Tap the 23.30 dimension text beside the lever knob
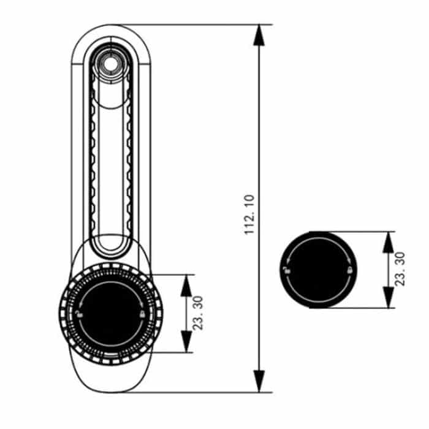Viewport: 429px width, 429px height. point(198,314)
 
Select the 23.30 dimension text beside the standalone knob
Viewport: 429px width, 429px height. point(399,269)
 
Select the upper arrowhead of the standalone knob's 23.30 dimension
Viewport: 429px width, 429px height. point(387,241)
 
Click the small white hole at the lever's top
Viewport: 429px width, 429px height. point(110,63)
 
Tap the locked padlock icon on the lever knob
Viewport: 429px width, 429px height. point(142,314)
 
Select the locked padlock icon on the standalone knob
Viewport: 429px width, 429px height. point(348,270)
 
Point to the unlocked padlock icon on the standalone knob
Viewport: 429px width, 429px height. point(286,270)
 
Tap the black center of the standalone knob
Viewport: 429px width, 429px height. point(317,270)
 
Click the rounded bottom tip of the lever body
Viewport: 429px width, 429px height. point(110,390)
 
